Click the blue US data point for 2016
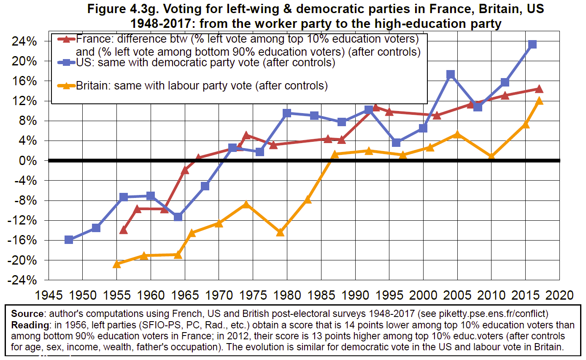click(532, 44)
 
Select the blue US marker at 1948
click(69, 240)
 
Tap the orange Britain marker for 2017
click(539, 101)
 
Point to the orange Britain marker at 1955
click(117, 264)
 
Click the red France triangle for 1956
click(124, 230)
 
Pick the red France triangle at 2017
click(539, 89)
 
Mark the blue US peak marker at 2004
click(451, 75)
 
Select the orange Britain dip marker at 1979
click(280, 232)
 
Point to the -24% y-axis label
click(23, 280)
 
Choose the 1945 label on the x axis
click(49, 295)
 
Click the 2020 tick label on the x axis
click(559, 295)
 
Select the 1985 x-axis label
click(321, 295)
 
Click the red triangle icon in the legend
click(65, 39)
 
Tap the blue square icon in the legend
click(65, 62)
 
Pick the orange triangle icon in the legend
click(65, 86)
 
